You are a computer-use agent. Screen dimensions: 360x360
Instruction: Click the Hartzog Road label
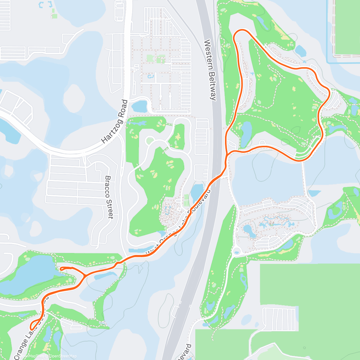tap(115, 121)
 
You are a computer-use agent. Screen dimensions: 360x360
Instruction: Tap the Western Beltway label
tap(210, 70)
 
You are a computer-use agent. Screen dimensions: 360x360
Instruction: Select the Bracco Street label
tap(109, 197)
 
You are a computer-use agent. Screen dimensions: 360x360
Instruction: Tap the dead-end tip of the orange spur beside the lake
tap(61, 269)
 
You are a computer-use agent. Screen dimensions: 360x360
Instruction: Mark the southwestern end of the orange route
tap(31, 328)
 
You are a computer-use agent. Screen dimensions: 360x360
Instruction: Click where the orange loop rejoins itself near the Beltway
tap(228, 154)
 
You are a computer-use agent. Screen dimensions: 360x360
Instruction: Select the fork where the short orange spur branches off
tap(85, 275)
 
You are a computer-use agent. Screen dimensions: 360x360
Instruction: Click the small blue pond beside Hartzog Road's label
tap(139, 106)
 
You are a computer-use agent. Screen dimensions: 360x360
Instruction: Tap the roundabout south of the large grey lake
tap(237, 250)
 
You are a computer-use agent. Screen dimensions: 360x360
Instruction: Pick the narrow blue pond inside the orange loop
tap(246, 132)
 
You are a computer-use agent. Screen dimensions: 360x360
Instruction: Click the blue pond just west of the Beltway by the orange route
tap(197, 192)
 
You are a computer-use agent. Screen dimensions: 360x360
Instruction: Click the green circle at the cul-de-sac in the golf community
tap(150, 140)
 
